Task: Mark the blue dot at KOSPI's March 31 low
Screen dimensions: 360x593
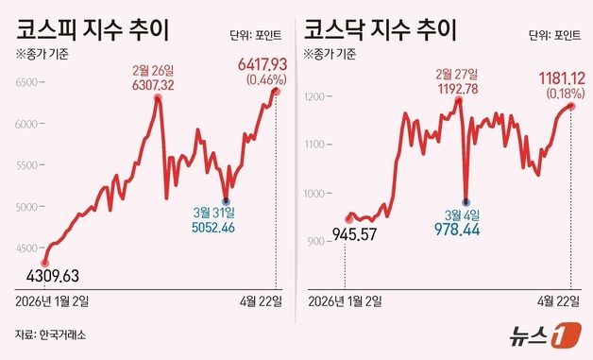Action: [225, 200]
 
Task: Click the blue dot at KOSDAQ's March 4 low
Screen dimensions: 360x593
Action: [466, 199]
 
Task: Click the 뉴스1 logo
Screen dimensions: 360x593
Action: [539, 336]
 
